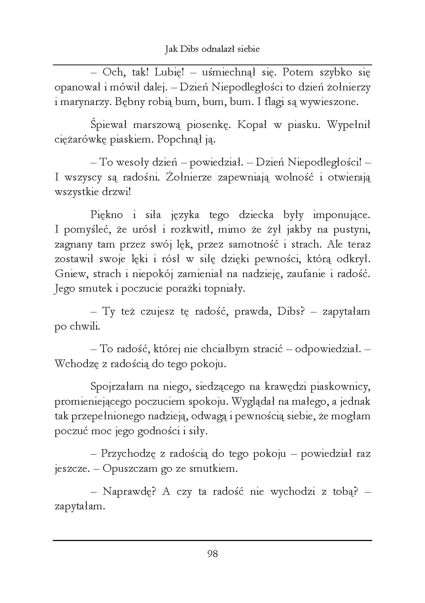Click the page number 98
(x=213, y=554)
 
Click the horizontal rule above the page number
(x=213, y=540)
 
